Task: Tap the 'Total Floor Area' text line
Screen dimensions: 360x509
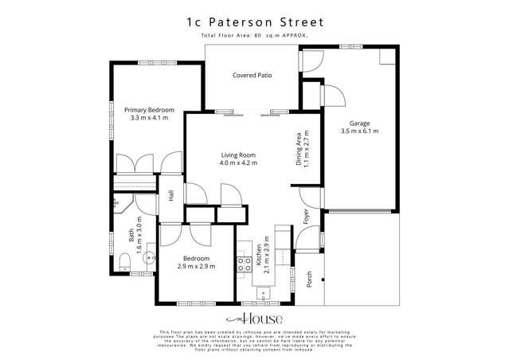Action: (x=254, y=37)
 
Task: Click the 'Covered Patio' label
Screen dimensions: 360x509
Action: (x=253, y=76)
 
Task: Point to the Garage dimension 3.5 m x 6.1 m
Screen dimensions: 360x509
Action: (x=360, y=131)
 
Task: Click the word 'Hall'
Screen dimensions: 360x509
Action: (x=172, y=195)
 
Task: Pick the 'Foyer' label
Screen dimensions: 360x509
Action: (x=306, y=216)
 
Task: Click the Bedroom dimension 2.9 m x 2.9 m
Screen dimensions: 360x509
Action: (x=195, y=268)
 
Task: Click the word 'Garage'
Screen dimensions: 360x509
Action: (x=360, y=123)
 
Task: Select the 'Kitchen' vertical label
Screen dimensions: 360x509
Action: (x=260, y=254)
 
